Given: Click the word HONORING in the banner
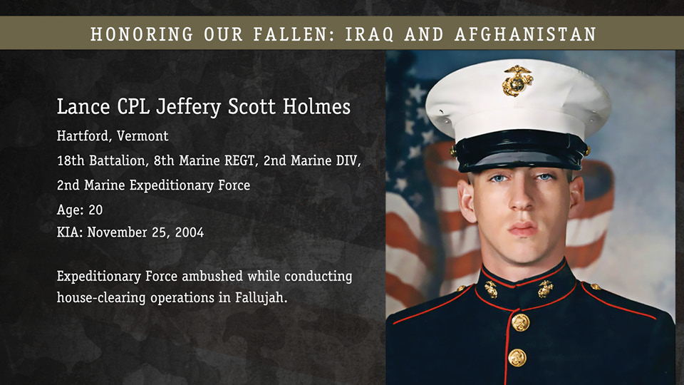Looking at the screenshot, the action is [x=142, y=34].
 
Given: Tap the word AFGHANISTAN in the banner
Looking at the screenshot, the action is [x=526, y=34].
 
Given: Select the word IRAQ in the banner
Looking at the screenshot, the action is [x=370, y=34].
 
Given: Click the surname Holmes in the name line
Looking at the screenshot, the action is [x=316, y=106].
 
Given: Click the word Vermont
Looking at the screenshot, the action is [x=142, y=136].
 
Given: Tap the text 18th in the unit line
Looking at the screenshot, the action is [x=71, y=160].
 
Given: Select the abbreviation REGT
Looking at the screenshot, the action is [x=239, y=160].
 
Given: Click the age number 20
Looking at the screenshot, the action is [x=95, y=210].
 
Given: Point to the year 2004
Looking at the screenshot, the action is [x=190, y=232].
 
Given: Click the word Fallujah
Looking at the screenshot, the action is [x=261, y=298].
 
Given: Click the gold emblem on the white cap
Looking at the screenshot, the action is [x=517, y=81].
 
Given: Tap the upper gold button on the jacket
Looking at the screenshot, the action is [x=520, y=322].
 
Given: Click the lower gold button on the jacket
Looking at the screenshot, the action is [x=517, y=358].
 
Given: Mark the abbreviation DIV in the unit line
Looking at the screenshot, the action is [x=348, y=160].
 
